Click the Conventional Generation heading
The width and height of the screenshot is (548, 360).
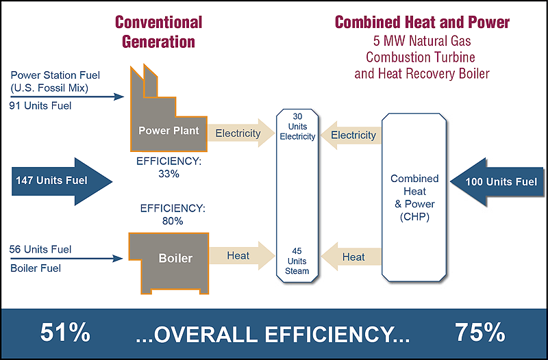point(159,31)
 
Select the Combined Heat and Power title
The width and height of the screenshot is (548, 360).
point(422,22)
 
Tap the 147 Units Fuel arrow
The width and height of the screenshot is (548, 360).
point(62,181)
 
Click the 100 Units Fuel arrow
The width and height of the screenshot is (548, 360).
point(497,182)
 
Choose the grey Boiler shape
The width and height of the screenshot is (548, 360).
point(169,263)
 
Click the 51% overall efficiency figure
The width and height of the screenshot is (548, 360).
point(65,333)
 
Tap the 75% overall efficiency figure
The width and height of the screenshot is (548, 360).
point(480,333)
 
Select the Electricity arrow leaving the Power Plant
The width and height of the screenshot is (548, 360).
point(241,133)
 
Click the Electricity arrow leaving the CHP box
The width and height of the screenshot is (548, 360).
point(351,135)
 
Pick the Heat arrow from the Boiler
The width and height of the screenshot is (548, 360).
point(242,255)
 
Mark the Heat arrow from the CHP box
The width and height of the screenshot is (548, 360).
point(351,257)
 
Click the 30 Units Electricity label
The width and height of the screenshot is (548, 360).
point(297,127)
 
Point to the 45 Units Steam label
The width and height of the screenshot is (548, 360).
point(297,261)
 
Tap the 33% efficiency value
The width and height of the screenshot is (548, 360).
point(169,174)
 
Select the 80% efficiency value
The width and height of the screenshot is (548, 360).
point(173,221)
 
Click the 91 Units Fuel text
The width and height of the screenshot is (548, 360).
point(40,105)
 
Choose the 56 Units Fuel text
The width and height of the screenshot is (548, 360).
point(40,249)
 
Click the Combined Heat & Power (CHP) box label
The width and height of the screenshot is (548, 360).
point(414,198)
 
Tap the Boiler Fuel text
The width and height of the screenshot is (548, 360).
point(36,268)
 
